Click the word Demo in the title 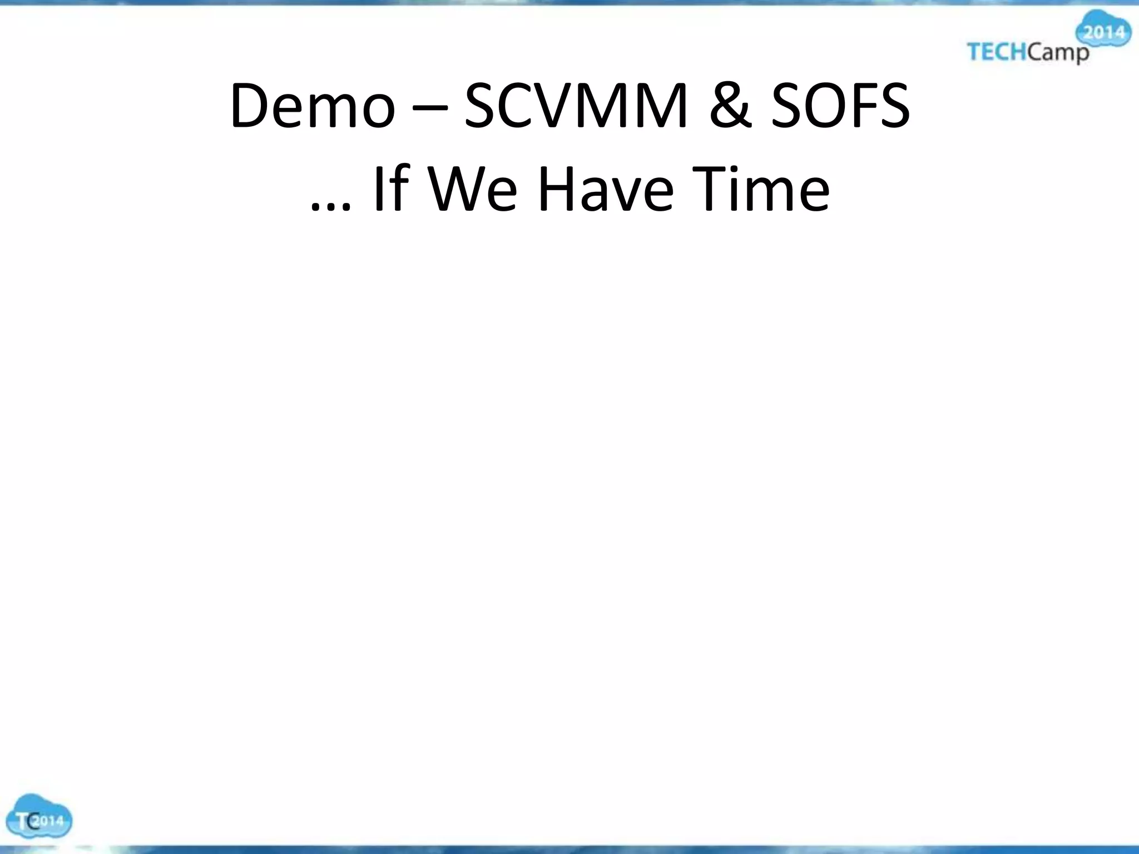point(312,106)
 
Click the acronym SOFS point(840,106)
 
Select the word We point(473,189)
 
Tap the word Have point(606,189)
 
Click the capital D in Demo point(250,106)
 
